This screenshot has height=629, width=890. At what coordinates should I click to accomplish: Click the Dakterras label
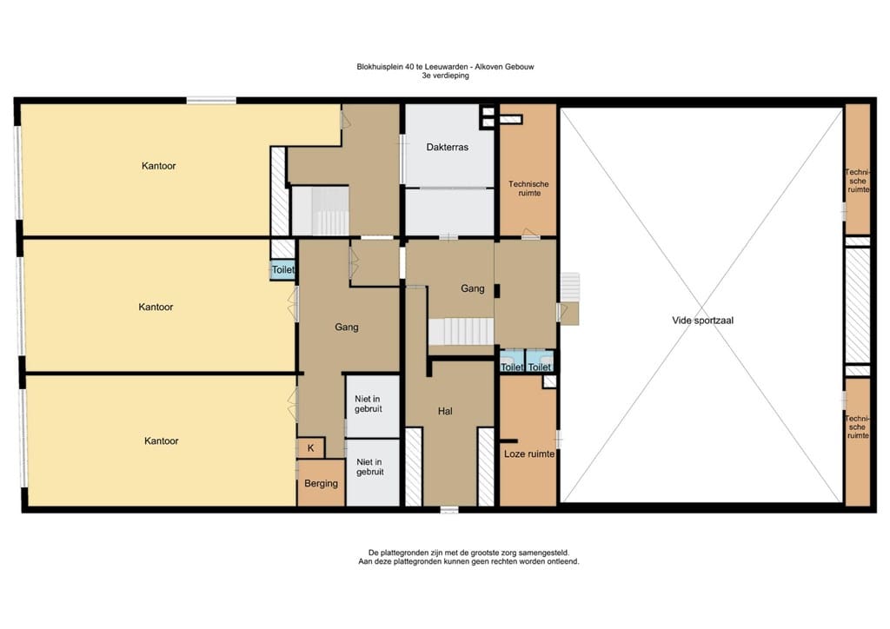click(448, 147)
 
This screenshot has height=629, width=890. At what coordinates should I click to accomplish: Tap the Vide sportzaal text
click(702, 321)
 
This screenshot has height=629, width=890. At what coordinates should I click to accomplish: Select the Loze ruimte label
click(529, 454)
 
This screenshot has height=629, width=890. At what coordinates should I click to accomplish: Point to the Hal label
click(445, 411)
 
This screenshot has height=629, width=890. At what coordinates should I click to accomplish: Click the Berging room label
click(321, 484)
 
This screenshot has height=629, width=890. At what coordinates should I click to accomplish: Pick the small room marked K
click(310, 448)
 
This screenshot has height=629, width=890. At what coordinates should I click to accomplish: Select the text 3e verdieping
click(445, 76)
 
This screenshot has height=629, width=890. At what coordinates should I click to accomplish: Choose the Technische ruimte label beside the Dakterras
click(528, 189)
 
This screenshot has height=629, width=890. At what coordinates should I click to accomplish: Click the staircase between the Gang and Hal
click(461, 331)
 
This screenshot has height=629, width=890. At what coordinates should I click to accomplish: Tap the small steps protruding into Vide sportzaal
click(570, 287)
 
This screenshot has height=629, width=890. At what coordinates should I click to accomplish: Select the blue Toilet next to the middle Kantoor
click(282, 270)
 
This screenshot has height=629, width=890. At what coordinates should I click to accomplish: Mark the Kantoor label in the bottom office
click(161, 440)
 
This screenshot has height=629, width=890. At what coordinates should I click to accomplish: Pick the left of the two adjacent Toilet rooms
click(512, 361)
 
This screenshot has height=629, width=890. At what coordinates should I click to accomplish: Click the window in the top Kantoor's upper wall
click(211, 101)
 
